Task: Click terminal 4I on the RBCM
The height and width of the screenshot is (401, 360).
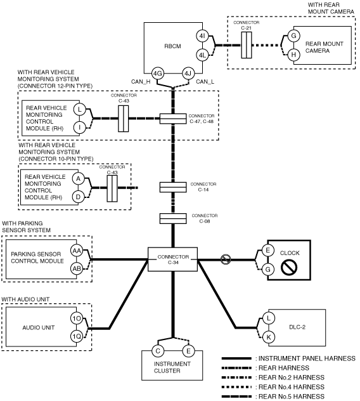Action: click(x=202, y=36)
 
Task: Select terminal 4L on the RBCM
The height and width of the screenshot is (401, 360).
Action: click(x=202, y=55)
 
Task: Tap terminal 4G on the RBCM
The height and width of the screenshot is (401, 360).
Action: click(x=157, y=74)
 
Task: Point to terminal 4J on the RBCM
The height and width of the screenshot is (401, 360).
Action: click(x=188, y=74)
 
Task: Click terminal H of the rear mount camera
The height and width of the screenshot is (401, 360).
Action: click(x=293, y=55)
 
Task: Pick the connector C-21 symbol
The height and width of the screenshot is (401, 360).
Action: click(x=247, y=45)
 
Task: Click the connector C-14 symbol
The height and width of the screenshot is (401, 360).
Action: click(x=173, y=187)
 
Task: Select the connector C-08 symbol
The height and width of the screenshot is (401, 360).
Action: click(x=173, y=219)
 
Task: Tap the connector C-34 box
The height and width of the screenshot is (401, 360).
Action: click(x=173, y=260)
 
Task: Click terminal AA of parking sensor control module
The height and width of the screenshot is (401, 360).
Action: click(x=77, y=251)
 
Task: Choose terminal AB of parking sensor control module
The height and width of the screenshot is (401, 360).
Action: click(x=77, y=268)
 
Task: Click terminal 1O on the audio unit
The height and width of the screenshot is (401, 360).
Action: click(x=77, y=319)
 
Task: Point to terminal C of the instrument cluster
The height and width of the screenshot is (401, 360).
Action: click(x=158, y=351)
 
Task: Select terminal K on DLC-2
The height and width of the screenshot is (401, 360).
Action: click(x=269, y=337)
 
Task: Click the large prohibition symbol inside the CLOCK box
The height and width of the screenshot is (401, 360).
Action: click(x=289, y=267)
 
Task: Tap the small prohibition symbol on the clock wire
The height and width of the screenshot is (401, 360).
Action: click(x=226, y=260)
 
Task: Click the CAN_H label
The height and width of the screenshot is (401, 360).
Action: click(x=141, y=82)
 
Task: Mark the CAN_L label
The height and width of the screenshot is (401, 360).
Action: click(x=205, y=82)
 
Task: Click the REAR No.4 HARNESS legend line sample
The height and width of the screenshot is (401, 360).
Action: click(x=236, y=387)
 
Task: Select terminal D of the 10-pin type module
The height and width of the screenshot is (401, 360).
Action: click(x=78, y=197)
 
